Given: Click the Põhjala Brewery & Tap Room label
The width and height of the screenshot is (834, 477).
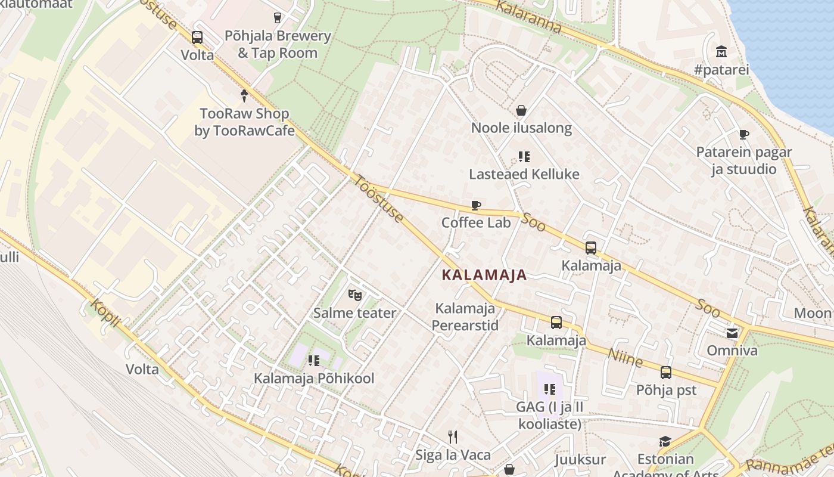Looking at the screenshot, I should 277,44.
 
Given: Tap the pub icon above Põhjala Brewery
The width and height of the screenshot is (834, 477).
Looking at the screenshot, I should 277,18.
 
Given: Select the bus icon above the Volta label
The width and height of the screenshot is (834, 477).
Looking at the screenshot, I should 197,38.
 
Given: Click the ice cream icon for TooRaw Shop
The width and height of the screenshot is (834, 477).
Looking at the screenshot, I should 244,95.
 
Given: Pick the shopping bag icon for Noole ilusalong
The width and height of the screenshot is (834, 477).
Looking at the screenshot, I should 521,110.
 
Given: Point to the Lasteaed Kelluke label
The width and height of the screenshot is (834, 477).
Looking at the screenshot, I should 524,174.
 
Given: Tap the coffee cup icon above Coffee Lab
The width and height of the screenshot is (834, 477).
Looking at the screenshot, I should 476,206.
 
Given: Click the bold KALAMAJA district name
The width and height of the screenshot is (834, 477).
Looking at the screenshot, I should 484,275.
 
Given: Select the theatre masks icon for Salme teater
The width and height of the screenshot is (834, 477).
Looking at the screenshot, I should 355,295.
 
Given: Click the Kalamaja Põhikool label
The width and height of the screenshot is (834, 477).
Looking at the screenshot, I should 314,378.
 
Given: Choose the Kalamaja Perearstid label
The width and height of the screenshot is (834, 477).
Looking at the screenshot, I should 465,317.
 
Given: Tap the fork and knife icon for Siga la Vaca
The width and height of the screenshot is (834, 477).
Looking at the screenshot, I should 453,437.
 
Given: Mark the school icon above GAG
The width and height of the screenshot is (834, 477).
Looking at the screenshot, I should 549,389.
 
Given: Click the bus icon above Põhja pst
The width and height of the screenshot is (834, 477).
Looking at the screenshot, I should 666,373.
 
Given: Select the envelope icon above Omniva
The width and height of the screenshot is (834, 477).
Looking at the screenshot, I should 732,333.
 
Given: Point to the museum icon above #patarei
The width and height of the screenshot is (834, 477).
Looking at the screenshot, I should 721,51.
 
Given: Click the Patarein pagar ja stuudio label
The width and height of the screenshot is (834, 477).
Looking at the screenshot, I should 744,160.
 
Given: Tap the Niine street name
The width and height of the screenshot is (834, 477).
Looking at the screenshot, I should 625,358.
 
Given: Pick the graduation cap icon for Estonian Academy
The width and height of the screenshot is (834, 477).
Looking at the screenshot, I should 665,441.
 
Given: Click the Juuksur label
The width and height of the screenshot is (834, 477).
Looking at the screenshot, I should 580,460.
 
